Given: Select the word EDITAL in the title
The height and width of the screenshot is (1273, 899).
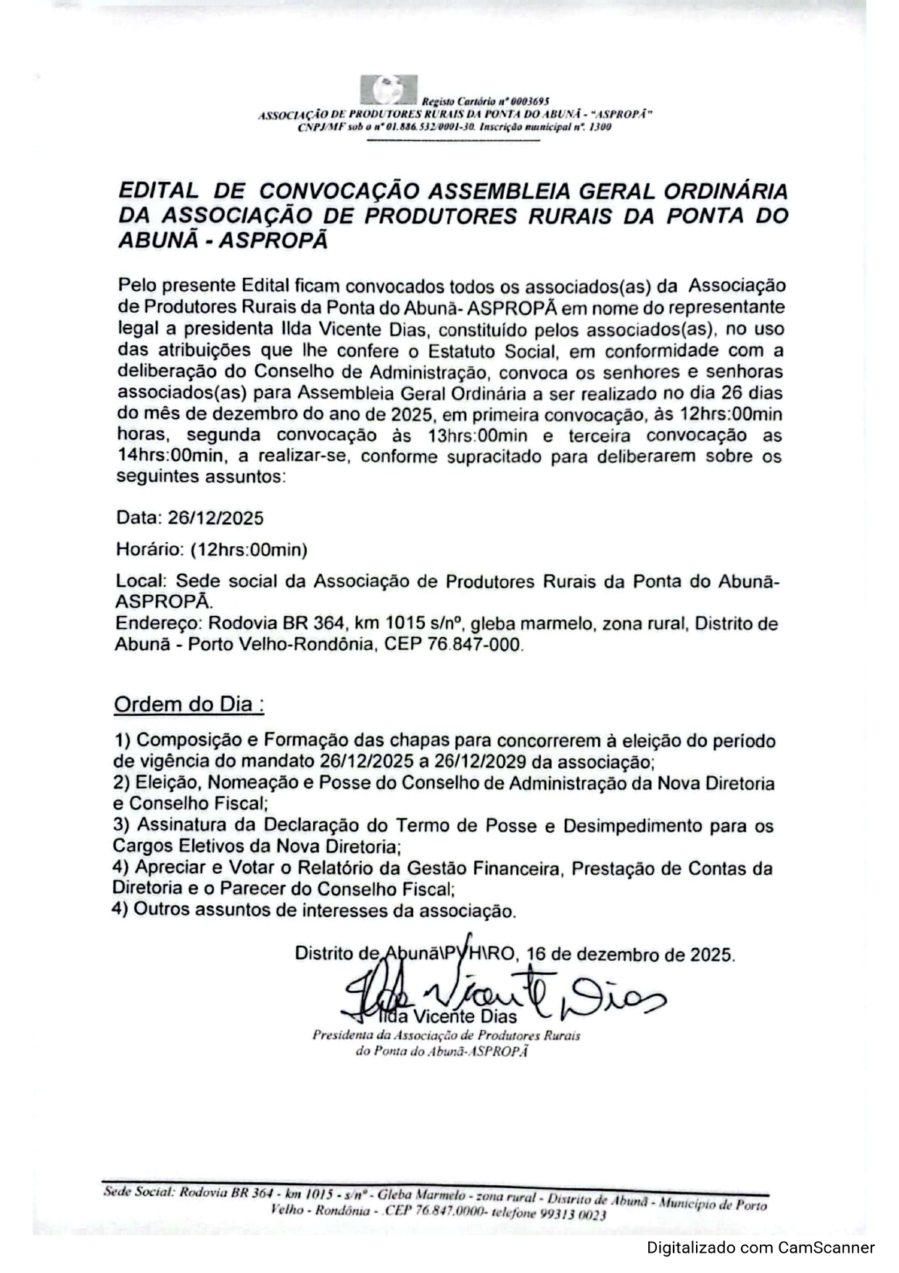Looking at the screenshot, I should point(157,191).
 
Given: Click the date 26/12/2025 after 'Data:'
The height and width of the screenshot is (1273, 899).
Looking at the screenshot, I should point(215,518).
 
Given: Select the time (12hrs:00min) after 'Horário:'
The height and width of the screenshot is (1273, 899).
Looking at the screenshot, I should point(249,550).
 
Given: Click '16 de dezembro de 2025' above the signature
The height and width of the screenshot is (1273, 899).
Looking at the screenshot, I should point(629,953).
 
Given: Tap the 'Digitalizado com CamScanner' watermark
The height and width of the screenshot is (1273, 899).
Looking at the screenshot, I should point(761,1248).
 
